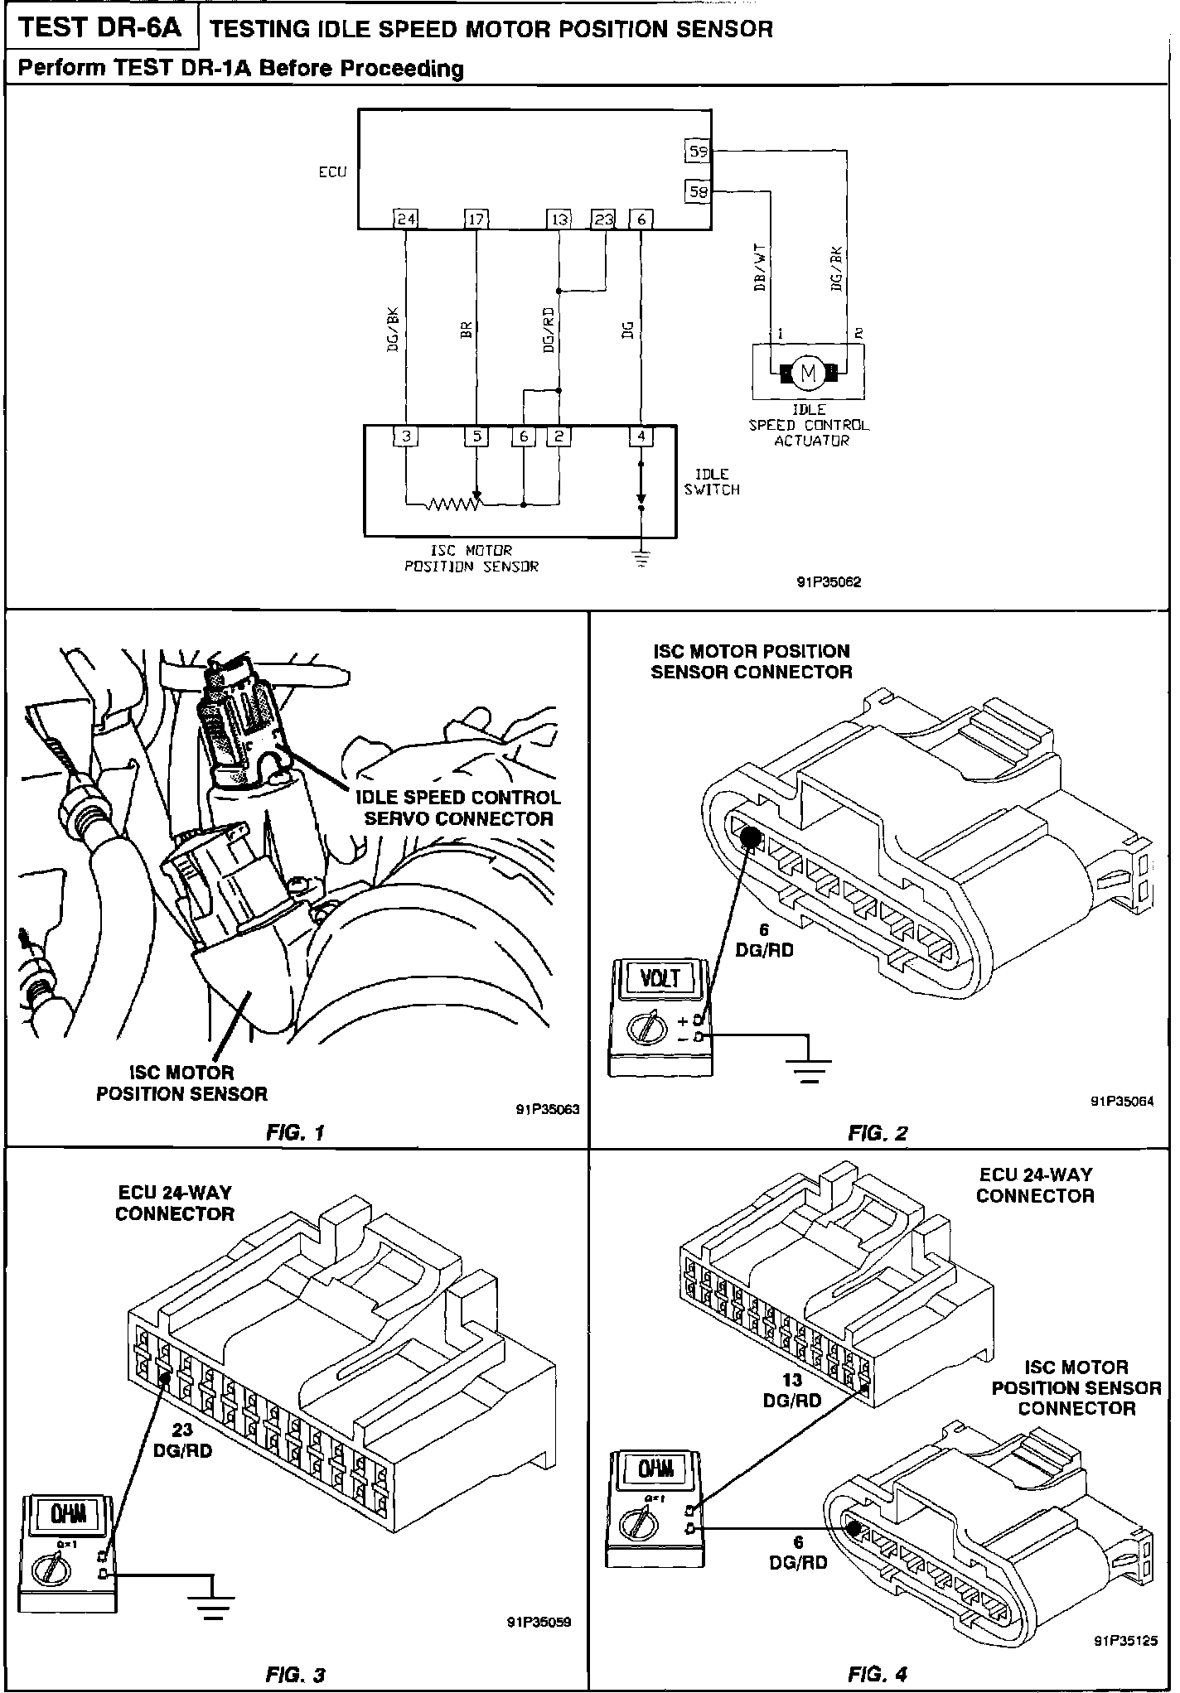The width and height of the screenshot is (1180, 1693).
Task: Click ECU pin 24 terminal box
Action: [x=405, y=219]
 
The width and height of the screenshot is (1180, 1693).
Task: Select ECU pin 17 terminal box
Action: [x=476, y=219]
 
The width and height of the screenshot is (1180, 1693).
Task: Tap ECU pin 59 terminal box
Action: [x=699, y=152]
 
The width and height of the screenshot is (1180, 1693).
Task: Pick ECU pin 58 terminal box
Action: [x=699, y=192]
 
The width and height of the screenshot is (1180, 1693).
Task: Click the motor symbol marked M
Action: [x=808, y=374]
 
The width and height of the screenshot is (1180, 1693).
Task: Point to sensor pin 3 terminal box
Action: [x=405, y=436]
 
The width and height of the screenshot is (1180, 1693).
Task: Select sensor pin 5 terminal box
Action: [x=476, y=436]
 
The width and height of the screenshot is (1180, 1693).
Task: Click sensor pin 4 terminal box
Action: [x=641, y=436]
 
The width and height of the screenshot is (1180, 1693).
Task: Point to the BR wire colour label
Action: [x=466, y=331]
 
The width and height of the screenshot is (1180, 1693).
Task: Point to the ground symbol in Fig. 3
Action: [x=213, y=1602]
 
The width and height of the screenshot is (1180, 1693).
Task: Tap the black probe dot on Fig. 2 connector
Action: [x=751, y=837]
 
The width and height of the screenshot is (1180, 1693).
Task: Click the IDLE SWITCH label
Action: [x=712, y=482]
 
